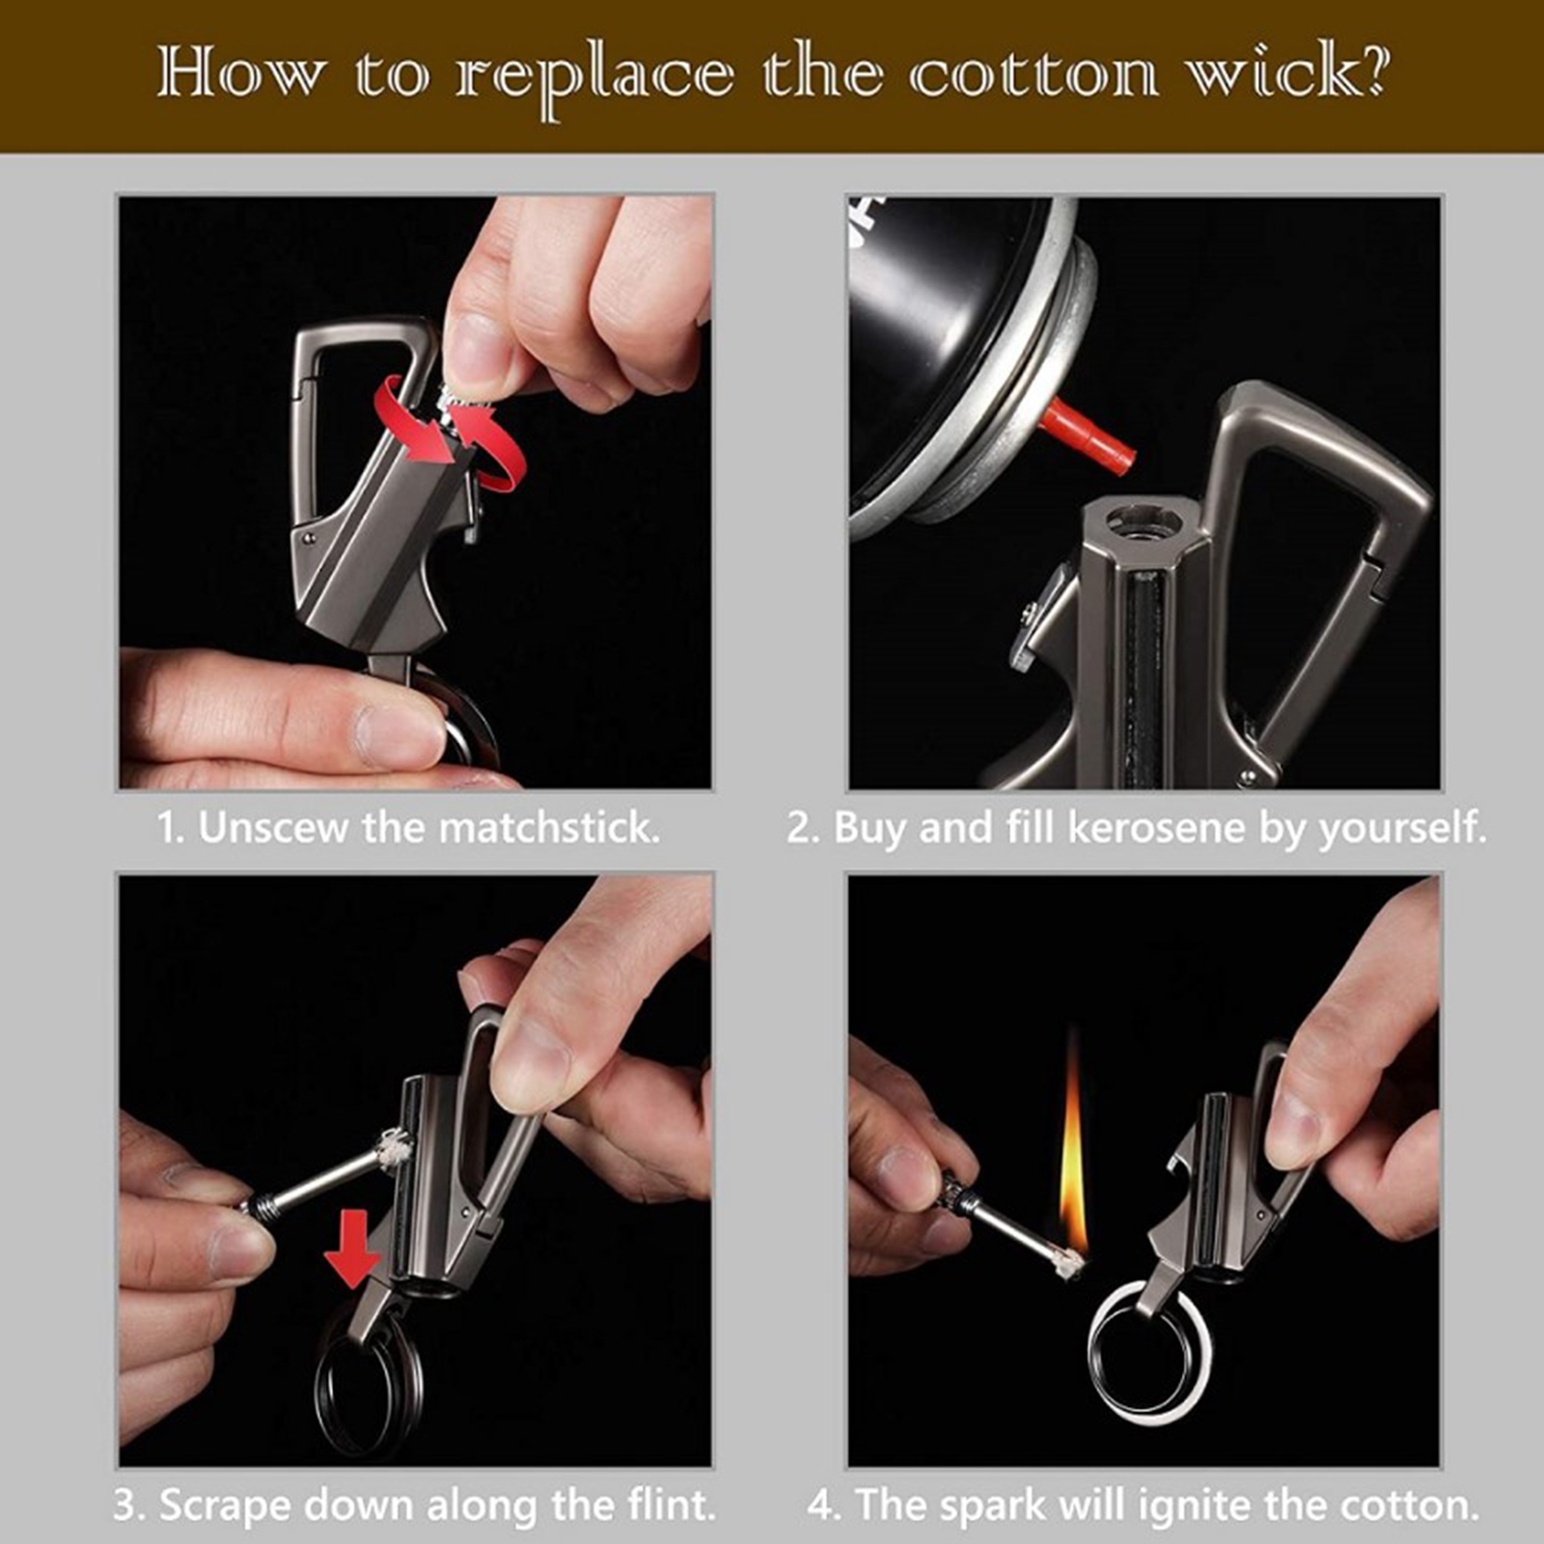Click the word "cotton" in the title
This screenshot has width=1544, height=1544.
click(1034, 74)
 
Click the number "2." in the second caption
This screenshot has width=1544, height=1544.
click(802, 828)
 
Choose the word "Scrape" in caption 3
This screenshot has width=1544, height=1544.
click(223, 1507)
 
